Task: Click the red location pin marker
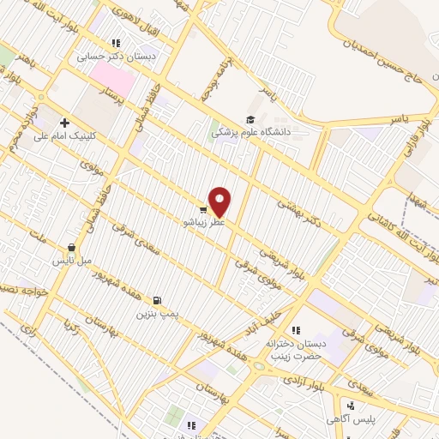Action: click(220, 201)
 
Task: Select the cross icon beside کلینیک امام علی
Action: click(65, 123)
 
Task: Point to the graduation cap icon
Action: click(250, 119)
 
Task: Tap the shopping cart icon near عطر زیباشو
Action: click(202, 207)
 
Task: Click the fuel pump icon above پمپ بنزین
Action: click(157, 300)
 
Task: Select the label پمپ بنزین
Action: click(156, 314)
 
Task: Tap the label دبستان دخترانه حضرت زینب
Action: click(294, 345)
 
